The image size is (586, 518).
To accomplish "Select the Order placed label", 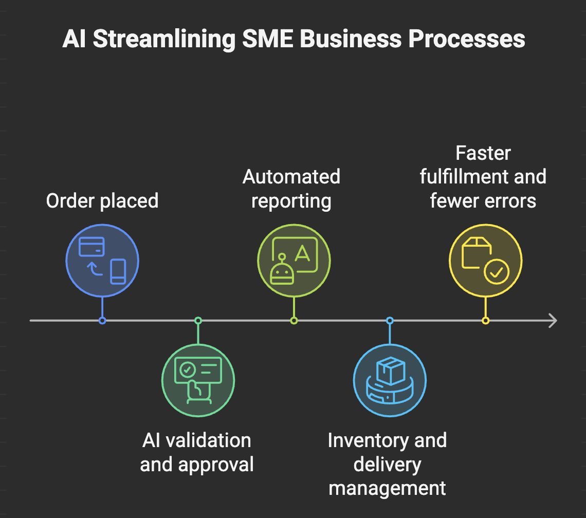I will [x=102, y=200].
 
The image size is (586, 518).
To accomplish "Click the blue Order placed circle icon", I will [x=102, y=261].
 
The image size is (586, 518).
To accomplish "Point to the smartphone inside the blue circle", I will [x=118, y=271].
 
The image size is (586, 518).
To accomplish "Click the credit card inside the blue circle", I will [x=91, y=247].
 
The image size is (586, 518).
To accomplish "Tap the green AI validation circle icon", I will [x=198, y=381].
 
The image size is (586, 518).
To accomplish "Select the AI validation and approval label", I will [x=197, y=452].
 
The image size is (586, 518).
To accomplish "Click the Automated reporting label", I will [x=291, y=189].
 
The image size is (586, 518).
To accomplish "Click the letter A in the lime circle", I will [x=303, y=253].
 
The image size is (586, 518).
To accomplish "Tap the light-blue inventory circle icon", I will [x=390, y=381].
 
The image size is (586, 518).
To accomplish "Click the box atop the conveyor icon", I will [x=391, y=371].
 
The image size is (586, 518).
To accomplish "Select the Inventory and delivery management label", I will [x=387, y=464].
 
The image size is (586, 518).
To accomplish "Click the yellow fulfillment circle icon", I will [x=485, y=261].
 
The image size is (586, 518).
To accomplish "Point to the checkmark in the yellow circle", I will [x=496, y=272].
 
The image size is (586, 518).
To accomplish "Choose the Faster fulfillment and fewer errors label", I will [x=483, y=177].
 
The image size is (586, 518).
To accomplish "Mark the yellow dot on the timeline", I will [x=485, y=321].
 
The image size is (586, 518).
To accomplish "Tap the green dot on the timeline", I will [x=198, y=321].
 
